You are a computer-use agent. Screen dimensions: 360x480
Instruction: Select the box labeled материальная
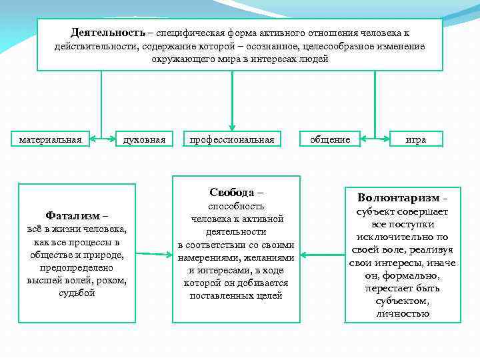pyautogui.click(x=51, y=139)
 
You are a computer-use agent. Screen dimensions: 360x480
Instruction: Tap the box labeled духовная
pyautogui.click(x=145, y=139)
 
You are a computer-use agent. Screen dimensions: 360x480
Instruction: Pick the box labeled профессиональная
pyautogui.click(x=232, y=139)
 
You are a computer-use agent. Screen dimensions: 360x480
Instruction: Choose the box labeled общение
pyautogui.click(x=330, y=139)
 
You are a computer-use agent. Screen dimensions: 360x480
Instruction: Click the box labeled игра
pyautogui.click(x=416, y=139)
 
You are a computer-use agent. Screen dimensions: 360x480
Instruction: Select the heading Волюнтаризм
pyautogui.click(x=398, y=198)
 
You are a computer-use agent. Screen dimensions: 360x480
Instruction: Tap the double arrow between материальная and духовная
pyautogui.click(x=101, y=140)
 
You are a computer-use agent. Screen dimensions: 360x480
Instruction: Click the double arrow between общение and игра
pyautogui.click(x=375, y=140)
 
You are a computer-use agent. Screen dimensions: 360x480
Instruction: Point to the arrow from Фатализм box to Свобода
pyautogui.click(x=154, y=254)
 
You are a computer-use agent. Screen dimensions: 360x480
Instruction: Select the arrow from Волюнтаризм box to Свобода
pyautogui.click(x=322, y=254)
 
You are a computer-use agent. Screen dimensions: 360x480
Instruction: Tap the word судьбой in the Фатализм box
pyautogui.click(x=77, y=293)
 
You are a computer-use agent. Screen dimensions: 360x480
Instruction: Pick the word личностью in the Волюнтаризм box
pyautogui.click(x=403, y=313)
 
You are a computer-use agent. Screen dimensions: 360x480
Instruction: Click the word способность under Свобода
pyautogui.click(x=237, y=207)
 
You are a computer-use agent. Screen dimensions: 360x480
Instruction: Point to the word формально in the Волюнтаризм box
pyautogui.click(x=416, y=275)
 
